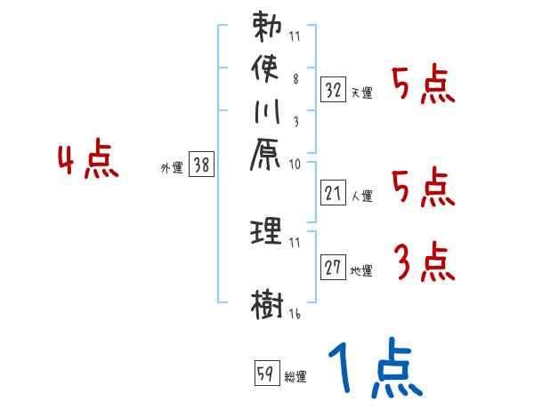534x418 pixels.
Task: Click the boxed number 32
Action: tap(333, 89)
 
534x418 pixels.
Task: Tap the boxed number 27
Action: tap(333, 267)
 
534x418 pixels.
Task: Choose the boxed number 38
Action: tap(201, 164)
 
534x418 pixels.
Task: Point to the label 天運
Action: tap(361, 92)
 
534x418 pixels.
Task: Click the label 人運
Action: tap(361, 194)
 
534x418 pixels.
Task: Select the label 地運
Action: tap(361, 270)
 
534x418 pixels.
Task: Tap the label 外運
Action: tap(171, 166)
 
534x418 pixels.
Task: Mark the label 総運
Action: tap(295, 376)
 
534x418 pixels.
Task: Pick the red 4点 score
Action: tap(87, 161)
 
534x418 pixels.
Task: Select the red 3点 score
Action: tap(424, 261)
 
